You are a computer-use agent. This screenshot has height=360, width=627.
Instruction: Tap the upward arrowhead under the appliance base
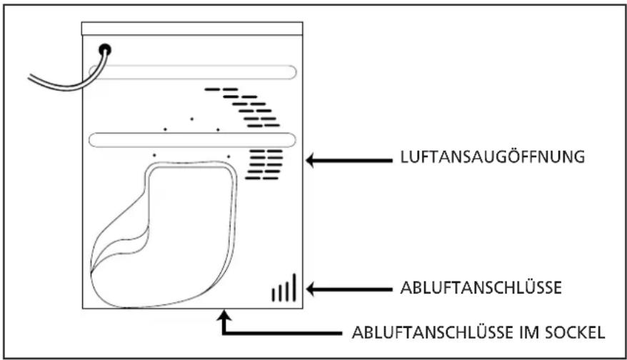pos(226,314)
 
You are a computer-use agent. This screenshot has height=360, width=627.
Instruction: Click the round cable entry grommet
pos(106,50)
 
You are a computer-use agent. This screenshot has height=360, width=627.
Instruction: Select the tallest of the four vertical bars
pos(294,286)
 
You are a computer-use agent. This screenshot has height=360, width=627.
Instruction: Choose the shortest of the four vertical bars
pos(274,294)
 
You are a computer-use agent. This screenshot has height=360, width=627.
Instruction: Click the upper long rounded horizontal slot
pos(192,71)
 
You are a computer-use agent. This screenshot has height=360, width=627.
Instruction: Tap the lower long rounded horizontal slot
pos(192,140)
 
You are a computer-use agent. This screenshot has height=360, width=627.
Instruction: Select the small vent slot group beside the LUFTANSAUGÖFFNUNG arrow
pos(265,164)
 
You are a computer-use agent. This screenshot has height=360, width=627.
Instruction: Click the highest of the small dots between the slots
pos(191,118)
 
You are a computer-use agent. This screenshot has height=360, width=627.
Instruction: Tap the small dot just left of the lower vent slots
pos(229,156)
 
